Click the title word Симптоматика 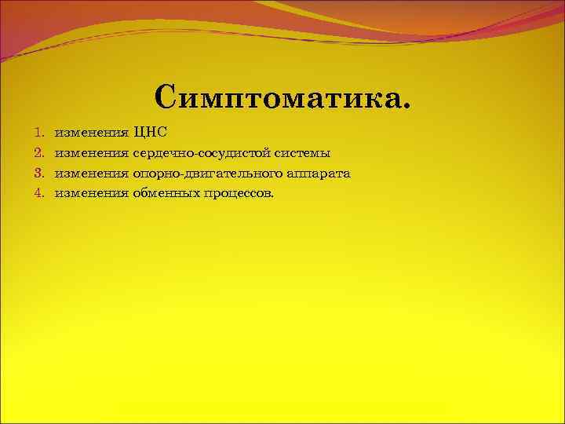pyautogui.click(x=282, y=97)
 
